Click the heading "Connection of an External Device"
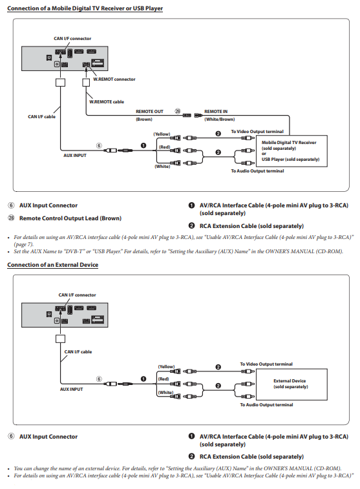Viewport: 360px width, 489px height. [x=53, y=265]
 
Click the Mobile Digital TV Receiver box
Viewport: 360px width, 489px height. [x=291, y=151]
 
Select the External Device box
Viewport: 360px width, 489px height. [x=291, y=384]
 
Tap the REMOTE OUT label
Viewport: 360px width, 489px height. [x=149, y=111]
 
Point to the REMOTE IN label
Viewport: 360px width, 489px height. [x=216, y=111]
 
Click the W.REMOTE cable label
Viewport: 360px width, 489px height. [x=107, y=101]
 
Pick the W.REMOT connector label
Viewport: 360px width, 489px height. [x=114, y=79]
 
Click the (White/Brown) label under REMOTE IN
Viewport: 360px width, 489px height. [x=220, y=119]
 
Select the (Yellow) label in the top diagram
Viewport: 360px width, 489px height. [x=162, y=134]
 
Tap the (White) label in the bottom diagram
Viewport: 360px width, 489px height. [x=165, y=392]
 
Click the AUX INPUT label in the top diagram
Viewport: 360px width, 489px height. [x=75, y=155]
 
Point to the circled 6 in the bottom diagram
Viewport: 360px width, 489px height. [x=99, y=379]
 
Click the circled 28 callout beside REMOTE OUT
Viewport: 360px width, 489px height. [x=178, y=111]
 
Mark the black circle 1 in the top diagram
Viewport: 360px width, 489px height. [x=143, y=145]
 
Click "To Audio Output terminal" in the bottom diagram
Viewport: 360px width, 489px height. [x=266, y=405]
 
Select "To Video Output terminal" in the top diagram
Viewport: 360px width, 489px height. [x=257, y=132]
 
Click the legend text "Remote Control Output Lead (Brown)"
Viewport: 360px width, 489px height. [x=70, y=218]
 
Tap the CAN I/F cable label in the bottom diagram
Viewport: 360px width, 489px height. [x=78, y=352]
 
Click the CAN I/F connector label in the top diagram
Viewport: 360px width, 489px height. [x=72, y=38]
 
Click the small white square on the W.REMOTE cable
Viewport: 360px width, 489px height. [x=86, y=82]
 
